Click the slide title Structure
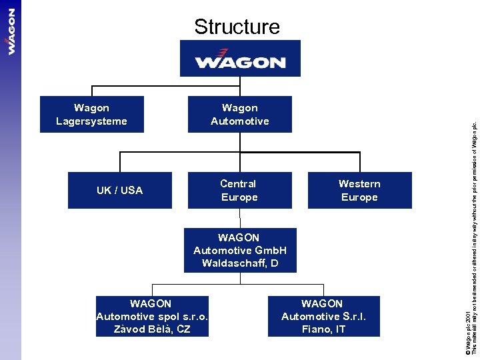pyautogui.click(x=237, y=27)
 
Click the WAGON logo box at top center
pyautogui.click(x=240, y=59)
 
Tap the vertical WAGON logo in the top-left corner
pyautogui.click(x=11, y=31)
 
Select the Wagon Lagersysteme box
pyautogui.click(x=92, y=115)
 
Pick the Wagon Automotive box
pyautogui.click(x=240, y=115)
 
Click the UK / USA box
pyautogui.click(x=120, y=191)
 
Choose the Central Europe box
pyautogui.click(x=239, y=191)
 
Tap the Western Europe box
pyautogui.click(x=359, y=191)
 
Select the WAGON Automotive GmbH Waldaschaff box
pyautogui.click(x=240, y=251)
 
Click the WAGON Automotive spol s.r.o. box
pyautogui.click(x=152, y=316)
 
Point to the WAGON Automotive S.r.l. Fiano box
pyautogui.click(x=323, y=316)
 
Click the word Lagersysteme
pyautogui.click(x=92, y=121)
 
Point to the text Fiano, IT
pyautogui.click(x=323, y=329)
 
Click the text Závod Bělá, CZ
pyautogui.click(x=152, y=329)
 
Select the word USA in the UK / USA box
pyautogui.click(x=131, y=191)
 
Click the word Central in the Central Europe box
pyautogui.click(x=239, y=184)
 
